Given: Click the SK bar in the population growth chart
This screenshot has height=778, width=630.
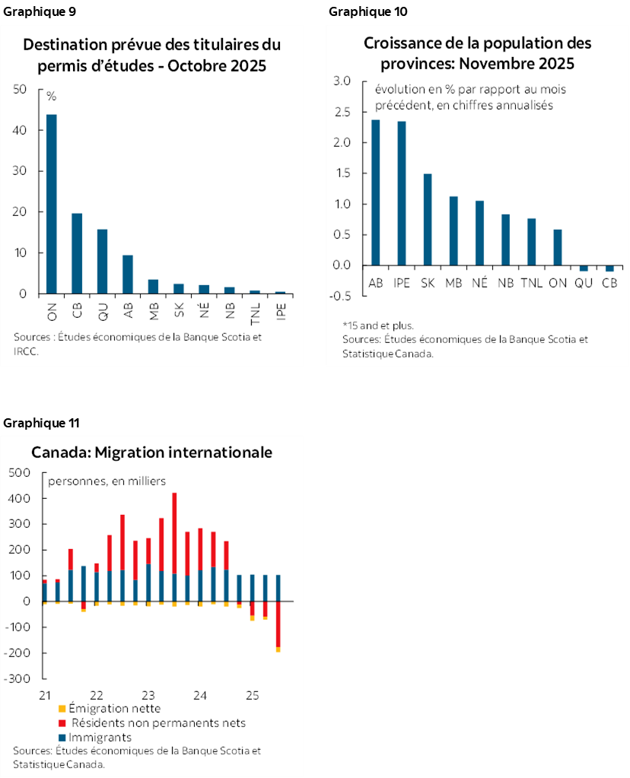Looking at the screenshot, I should [428, 220].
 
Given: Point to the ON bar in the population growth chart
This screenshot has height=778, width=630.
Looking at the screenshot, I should [558, 247].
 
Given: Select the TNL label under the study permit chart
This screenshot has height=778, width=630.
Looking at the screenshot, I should [255, 312].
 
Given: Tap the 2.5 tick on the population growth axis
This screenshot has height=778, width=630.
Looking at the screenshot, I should [341, 113].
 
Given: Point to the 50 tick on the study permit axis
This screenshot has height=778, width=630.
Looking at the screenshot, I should [21, 90].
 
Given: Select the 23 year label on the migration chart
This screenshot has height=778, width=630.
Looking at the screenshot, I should [148, 695].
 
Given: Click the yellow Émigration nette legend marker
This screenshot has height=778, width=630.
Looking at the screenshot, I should [62, 709].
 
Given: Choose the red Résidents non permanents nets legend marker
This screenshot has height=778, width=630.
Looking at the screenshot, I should [62, 723].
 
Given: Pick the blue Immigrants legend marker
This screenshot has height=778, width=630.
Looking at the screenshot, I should [62, 738].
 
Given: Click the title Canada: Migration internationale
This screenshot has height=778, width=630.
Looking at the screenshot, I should [151, 453].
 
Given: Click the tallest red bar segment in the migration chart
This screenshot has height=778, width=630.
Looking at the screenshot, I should [174, 533].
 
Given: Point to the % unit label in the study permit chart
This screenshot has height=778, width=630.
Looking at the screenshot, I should [52, 97].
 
